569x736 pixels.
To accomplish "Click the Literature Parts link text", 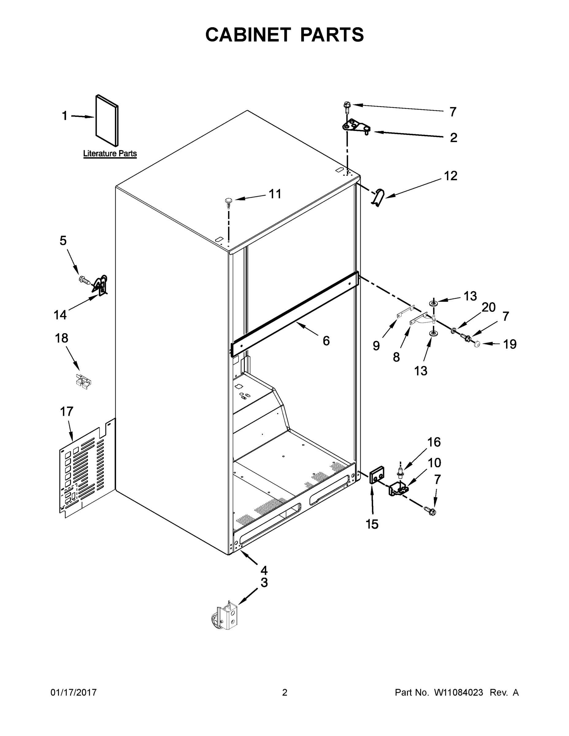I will click(110, 154).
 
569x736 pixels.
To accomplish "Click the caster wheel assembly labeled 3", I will click(226, 617).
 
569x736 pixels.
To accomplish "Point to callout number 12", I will click(450, 176).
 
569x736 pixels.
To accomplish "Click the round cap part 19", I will click(477, 344).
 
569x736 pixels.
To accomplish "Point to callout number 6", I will click(326, 341).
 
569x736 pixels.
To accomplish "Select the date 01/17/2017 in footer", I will click(74, 692).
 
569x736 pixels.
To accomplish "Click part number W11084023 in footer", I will click(459, 692).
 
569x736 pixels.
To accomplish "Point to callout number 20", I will click(488, 307).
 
